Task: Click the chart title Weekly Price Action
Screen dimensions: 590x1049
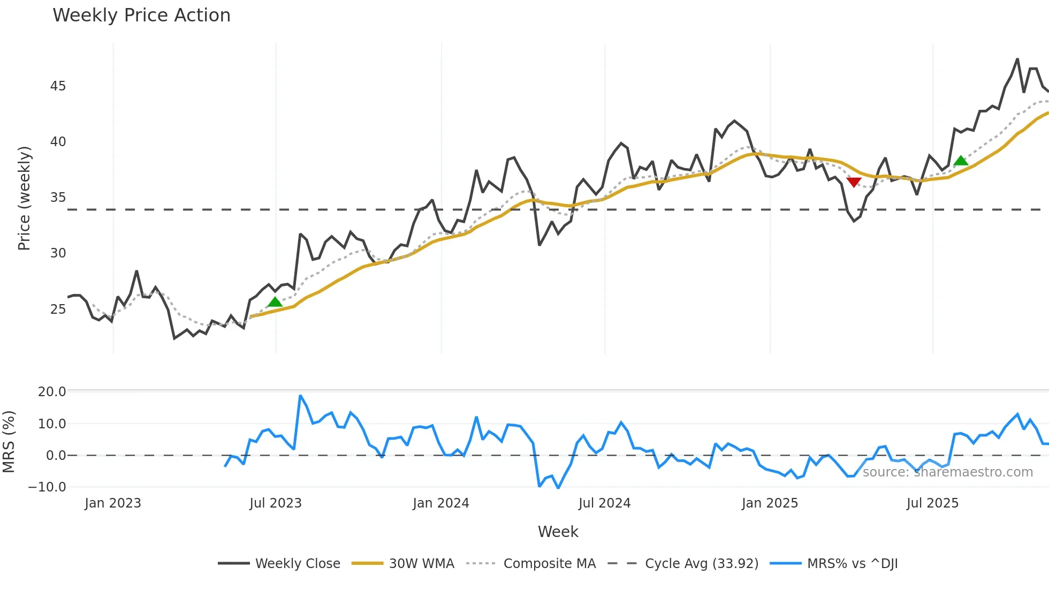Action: [x=141, y=16]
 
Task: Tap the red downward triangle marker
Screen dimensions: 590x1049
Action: [x=854, y=182]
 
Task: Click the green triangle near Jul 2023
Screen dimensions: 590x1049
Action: [x=275, y=302]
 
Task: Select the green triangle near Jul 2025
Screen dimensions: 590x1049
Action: [x=961, y=161]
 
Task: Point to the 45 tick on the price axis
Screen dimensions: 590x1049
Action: [x=58, y=86]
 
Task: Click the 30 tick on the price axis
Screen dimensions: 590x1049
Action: [x=58, y=253]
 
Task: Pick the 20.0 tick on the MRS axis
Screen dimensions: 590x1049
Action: [x=52, y=391]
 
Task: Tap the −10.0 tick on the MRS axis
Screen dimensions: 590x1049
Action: [x=47, y=487]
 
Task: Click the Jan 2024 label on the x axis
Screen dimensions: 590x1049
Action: [x=440, y=503]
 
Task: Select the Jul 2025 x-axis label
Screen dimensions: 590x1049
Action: [x=932, y=503]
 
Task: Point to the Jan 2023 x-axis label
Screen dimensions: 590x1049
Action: [x=112, y=503]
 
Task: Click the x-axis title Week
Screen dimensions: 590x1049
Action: [x=558, y=532]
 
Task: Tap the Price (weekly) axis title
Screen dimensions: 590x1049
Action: [x=24, y=199]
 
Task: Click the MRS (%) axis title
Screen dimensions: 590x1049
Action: [x=9, y=442]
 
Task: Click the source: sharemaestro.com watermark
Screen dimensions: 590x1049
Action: [x=947, y=472]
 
